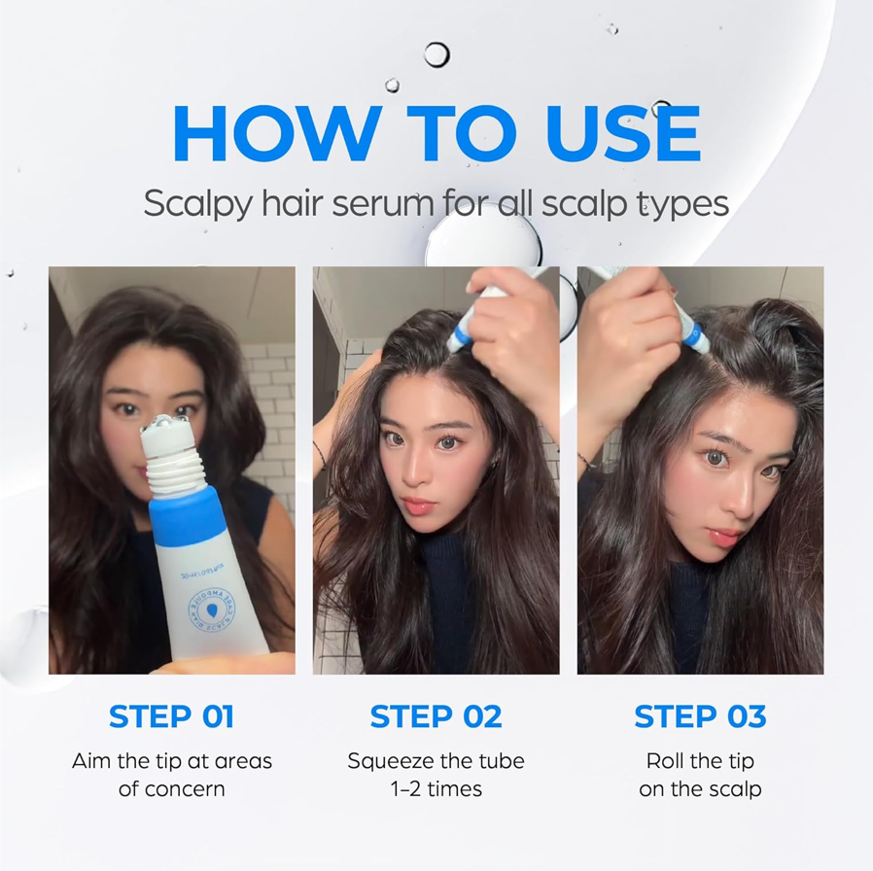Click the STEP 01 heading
click(x=171, y=717)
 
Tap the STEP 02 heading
click(x=436, y=717)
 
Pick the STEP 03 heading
click(x=700, y=717)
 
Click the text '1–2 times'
click(x=436, y=788)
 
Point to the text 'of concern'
click(x=171, y=788)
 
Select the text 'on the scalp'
click(x=700, y=788)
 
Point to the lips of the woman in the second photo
click(x=418, y=506)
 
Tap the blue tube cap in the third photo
click(x=695, y=335)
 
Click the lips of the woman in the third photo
click(x=723, y=537)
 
